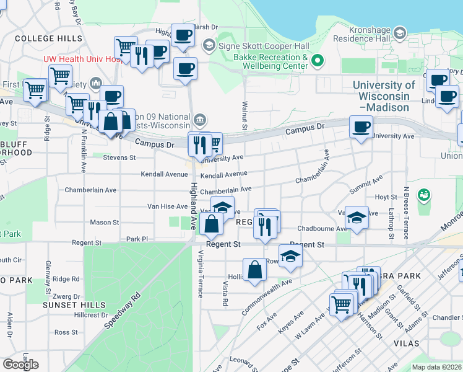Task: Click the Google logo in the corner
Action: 20,365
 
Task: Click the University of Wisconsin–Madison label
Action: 384,96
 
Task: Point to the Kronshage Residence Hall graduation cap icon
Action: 400,33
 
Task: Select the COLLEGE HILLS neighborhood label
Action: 48,38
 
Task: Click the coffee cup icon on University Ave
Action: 361,127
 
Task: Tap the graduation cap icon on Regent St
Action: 290,255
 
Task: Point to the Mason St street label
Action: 104,222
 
